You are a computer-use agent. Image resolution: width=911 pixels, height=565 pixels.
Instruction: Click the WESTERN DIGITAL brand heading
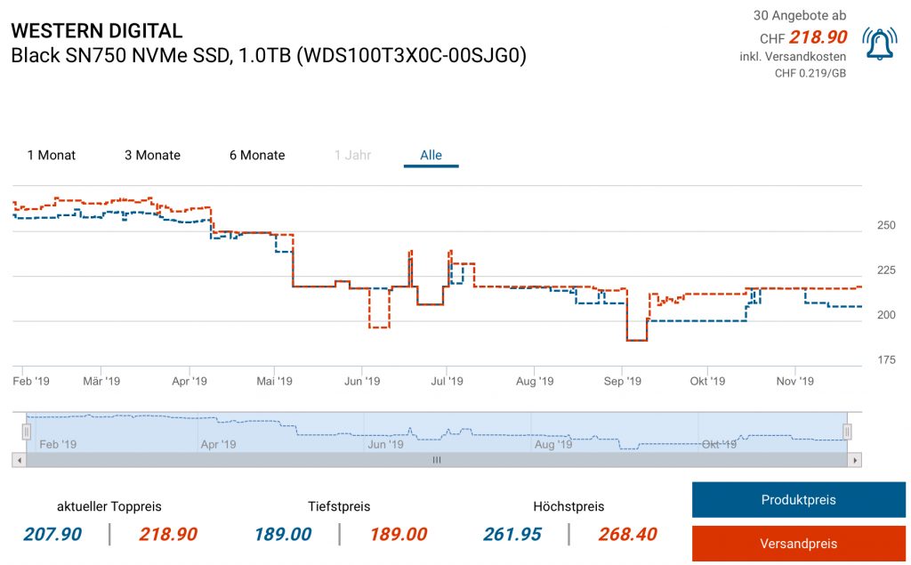click(x=96, y=30)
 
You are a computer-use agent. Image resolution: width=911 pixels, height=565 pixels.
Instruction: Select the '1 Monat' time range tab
click(x=52, y=155)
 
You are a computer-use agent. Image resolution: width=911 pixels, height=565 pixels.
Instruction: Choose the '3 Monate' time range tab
click(x=152, y=155)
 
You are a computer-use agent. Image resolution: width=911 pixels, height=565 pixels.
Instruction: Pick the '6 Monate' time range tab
click(x=257, y=155)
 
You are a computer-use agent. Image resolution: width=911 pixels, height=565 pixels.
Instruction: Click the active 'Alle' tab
click(x=431, y=155)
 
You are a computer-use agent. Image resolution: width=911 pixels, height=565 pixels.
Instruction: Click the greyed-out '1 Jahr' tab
click(x=352, y=155)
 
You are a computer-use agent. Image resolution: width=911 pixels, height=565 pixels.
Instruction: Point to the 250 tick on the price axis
click(x=886, y=226)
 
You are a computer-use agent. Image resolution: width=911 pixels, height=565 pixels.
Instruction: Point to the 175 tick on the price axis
click(x=886, y=359)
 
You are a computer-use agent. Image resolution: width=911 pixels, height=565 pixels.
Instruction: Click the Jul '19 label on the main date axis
click(x=447, y=381)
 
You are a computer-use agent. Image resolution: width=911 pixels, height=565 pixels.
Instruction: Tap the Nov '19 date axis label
click(x=795, y=381)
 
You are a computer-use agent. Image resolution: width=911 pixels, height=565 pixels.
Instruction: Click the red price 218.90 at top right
click(x=817, y=38)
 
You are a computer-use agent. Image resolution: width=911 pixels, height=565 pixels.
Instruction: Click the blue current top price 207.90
click(x=52, y=534)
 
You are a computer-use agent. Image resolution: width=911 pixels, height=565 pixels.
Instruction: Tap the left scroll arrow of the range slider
click(x=18, y=460)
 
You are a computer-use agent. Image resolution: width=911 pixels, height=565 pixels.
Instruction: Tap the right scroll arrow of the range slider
click(x=855, y=460)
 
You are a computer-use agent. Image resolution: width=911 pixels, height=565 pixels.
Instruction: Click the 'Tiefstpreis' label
click(x=339, y=506)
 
